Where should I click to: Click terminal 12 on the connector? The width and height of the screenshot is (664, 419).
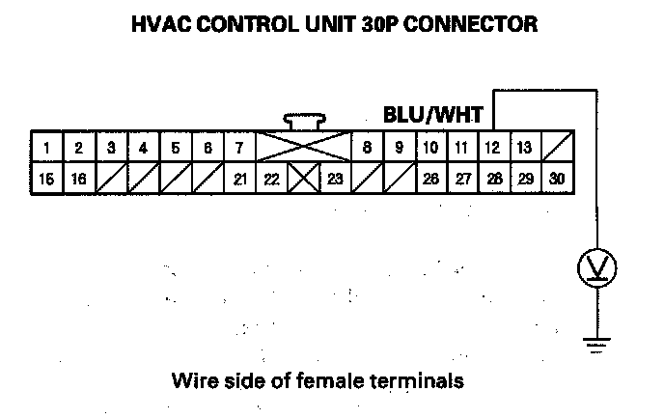[x=493, y=148]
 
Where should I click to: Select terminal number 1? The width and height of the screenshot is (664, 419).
[x=47, y=148]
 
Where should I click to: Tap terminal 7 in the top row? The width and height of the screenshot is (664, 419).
[x=238, y=148]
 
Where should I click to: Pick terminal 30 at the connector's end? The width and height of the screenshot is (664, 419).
[x=557, y=179]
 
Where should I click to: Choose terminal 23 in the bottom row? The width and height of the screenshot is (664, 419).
[x=334, y=179]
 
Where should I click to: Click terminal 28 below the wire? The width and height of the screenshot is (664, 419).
[x=493, y=179]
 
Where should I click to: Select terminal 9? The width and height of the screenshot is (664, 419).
[x=398, y=148]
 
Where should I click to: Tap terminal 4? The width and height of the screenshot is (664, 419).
[x=143, y=148]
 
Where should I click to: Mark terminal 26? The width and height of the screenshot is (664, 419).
[x=429, y=179]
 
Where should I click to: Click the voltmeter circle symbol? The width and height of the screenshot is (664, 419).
[x=596, y=265]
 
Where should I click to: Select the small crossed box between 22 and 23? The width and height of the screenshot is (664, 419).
[x=302, y=179]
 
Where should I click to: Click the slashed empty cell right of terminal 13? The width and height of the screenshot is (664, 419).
[x=557, y=148]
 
